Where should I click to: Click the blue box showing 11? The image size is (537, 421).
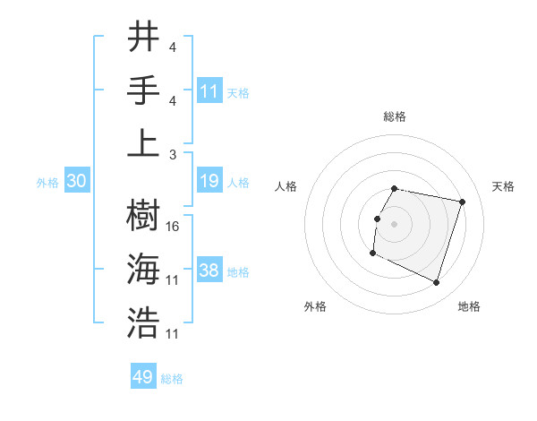[x=209, y=90]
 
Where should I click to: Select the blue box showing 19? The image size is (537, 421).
[x=209, y=182]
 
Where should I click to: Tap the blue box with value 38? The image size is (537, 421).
[x=209, y=271]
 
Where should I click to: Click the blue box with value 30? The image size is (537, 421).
[x=77, y=182]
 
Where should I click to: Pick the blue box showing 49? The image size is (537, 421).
[x=143, y=377]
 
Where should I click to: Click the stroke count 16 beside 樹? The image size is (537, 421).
[x=173, y=227]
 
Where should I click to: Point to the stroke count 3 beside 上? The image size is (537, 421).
[x=173, y=153]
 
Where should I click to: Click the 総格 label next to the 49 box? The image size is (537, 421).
[x=172, y=379]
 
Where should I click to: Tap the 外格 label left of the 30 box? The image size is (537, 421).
[x=47, y=183]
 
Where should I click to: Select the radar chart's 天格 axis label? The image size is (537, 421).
[x=503, y=186]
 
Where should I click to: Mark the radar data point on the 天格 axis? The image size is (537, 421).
[x=462, y=202]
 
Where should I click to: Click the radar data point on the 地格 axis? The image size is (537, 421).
[x=437, y=283]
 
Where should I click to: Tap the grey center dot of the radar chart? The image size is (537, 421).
[x=394, y=224]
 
